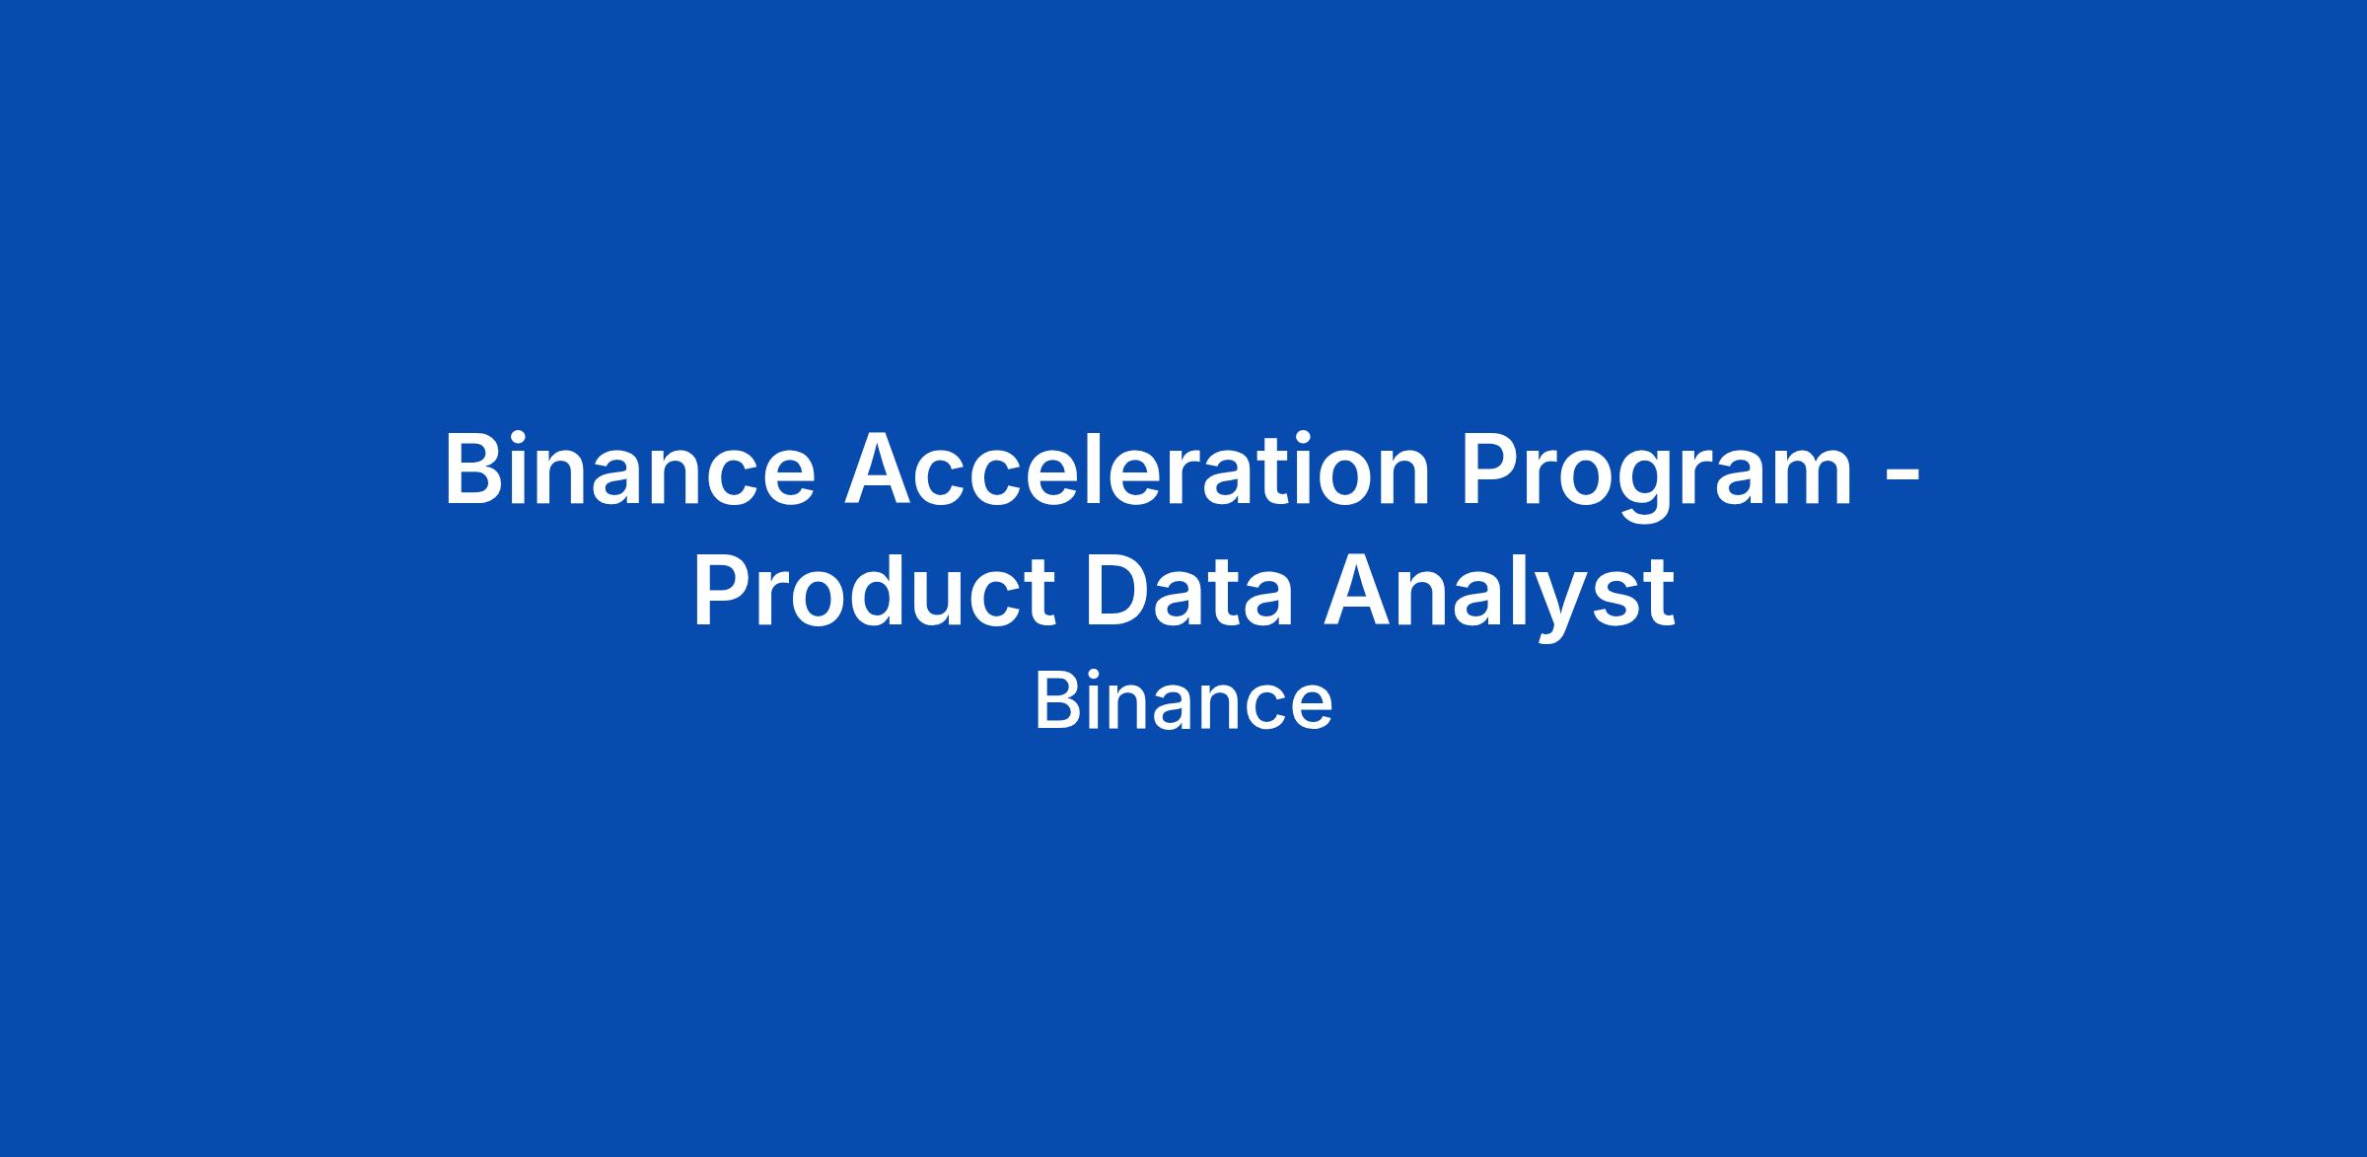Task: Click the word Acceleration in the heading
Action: tap(1137, 470)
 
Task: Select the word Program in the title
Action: tap(1657, 477)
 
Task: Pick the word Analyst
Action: tap(1499, 596)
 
